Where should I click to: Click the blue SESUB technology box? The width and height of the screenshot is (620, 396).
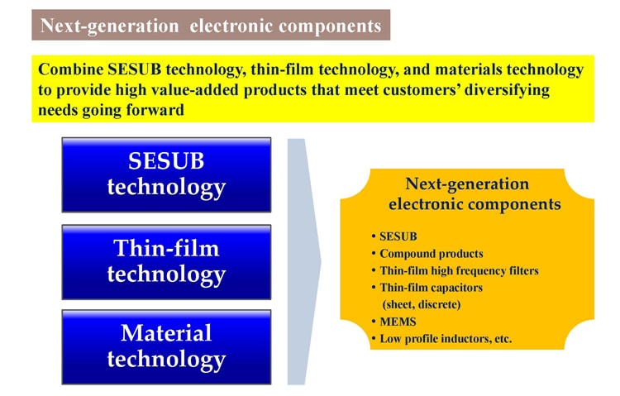pyautogui.click(x=166, y=175)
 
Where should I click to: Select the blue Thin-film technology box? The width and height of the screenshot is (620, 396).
pyautogui.click(x=166, y=262)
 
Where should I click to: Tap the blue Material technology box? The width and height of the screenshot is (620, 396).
pyautogui.click(x=166, y=347)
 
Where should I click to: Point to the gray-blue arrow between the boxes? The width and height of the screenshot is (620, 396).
pyautogui.click(x=303, y=261)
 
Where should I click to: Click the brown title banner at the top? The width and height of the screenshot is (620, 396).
pyautogui.click(x=211, y=25)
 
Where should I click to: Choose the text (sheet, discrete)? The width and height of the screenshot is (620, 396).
pyautogui.click(x=422, y=304)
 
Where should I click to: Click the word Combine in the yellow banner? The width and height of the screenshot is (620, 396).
pyautogui.click(x=71, y=69)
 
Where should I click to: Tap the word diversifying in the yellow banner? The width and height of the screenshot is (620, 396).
pyautogui.click(x=508, y=91)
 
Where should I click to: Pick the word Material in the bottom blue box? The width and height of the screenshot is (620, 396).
pyautogui.click(x=166, y=333)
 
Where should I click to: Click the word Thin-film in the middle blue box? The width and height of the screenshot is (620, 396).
pyautogui.click(x=166, y=249)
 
